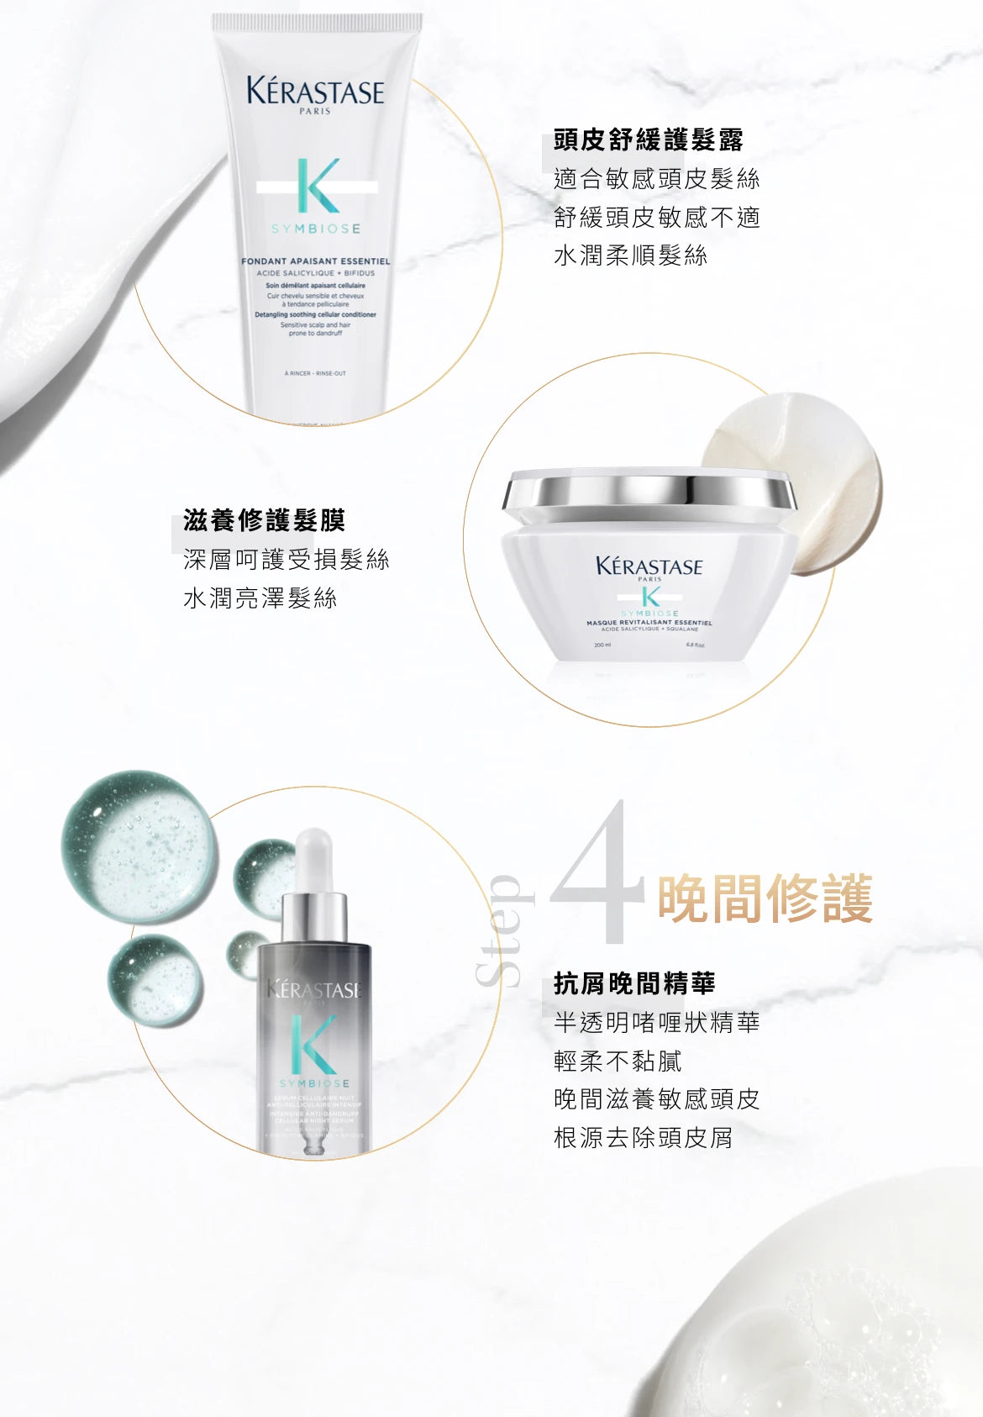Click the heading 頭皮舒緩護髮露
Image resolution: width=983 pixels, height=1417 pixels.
coord(649,140)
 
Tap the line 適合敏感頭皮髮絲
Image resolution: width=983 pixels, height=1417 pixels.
coord(656,179)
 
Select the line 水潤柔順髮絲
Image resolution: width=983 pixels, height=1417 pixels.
coord(630,255)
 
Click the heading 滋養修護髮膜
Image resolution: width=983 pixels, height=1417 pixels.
coord(264,521)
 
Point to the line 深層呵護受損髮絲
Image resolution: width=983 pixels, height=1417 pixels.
coord(286,560)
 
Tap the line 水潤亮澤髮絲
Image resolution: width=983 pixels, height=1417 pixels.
coord(260,598)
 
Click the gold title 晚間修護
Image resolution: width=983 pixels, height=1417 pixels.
coord(765,898)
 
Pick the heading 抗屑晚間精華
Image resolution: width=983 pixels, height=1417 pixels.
coord(634,983)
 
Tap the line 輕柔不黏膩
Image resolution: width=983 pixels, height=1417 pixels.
coord(618,1061)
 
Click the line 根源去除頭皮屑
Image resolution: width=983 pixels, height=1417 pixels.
coord(643,1138)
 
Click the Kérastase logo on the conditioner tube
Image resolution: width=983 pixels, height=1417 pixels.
coord(315,92)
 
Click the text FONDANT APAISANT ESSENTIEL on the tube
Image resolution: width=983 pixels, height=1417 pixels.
coord(315,261)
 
